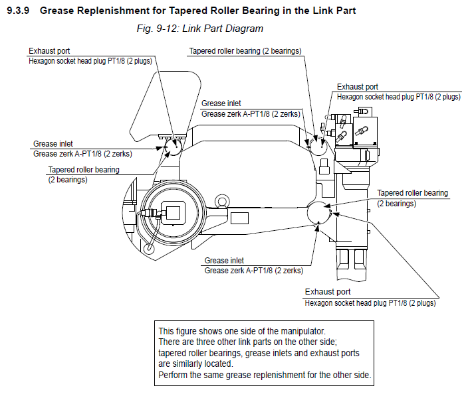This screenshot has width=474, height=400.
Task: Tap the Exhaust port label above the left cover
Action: (x=49, y=51)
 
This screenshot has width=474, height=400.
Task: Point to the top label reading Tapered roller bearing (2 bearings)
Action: (x=245, y=51)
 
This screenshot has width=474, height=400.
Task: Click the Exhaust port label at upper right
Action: (x=358, y=87)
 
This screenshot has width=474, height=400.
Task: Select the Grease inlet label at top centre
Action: (x=221, y=103)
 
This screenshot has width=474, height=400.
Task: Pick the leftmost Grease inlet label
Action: (x=53, y=143)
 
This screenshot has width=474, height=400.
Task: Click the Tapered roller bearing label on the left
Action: (x=84, y=170)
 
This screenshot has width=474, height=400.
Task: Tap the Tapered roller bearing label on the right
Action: (x=413, y=193)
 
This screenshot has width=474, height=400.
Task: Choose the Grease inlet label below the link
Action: (x=225, y=261)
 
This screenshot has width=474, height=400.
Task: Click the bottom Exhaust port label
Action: (x=328, y=292)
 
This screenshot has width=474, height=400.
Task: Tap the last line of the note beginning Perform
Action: (x=264, y=375)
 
